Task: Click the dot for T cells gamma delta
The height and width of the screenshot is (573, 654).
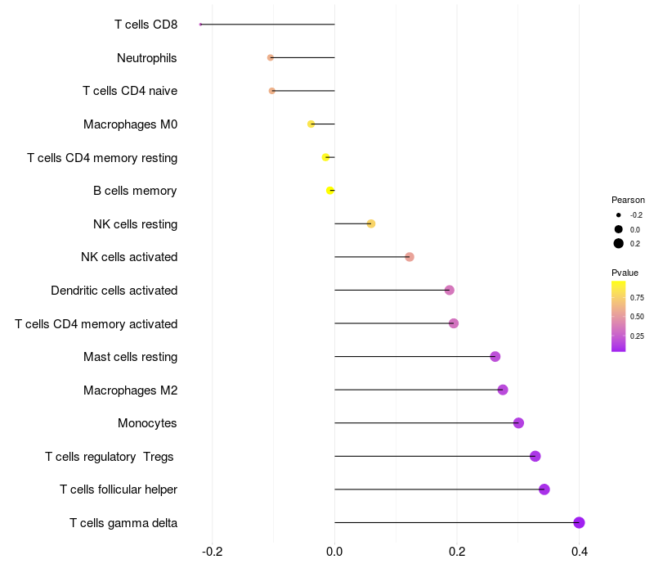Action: point(579,523)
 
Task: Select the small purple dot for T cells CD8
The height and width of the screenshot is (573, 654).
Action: point(200,25)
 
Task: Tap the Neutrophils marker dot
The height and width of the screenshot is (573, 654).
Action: point(271,58)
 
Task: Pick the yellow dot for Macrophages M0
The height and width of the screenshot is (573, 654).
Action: point(311,124)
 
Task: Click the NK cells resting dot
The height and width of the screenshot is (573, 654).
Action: point(371,223)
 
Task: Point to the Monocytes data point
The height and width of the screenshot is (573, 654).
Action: point(518,423)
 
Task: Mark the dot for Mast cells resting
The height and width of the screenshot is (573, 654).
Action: point(495,357)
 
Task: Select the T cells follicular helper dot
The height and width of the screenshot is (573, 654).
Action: point(544,490)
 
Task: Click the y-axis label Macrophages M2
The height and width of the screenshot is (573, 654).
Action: point(130,390)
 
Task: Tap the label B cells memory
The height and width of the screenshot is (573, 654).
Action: point(135,191)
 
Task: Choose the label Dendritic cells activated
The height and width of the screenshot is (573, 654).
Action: point(114,291)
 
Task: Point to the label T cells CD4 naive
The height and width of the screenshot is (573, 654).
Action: point(130,91)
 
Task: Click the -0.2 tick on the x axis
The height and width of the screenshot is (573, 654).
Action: point(213,552)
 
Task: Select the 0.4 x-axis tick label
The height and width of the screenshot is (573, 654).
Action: point(580,552)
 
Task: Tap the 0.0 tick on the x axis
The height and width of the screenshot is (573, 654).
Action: point(335,552)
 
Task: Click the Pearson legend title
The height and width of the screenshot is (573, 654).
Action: point(628,200)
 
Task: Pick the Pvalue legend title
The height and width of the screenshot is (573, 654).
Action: point(625,273)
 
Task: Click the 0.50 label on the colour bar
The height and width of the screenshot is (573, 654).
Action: point(637,317)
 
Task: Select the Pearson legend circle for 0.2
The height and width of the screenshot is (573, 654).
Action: point(619,244)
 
